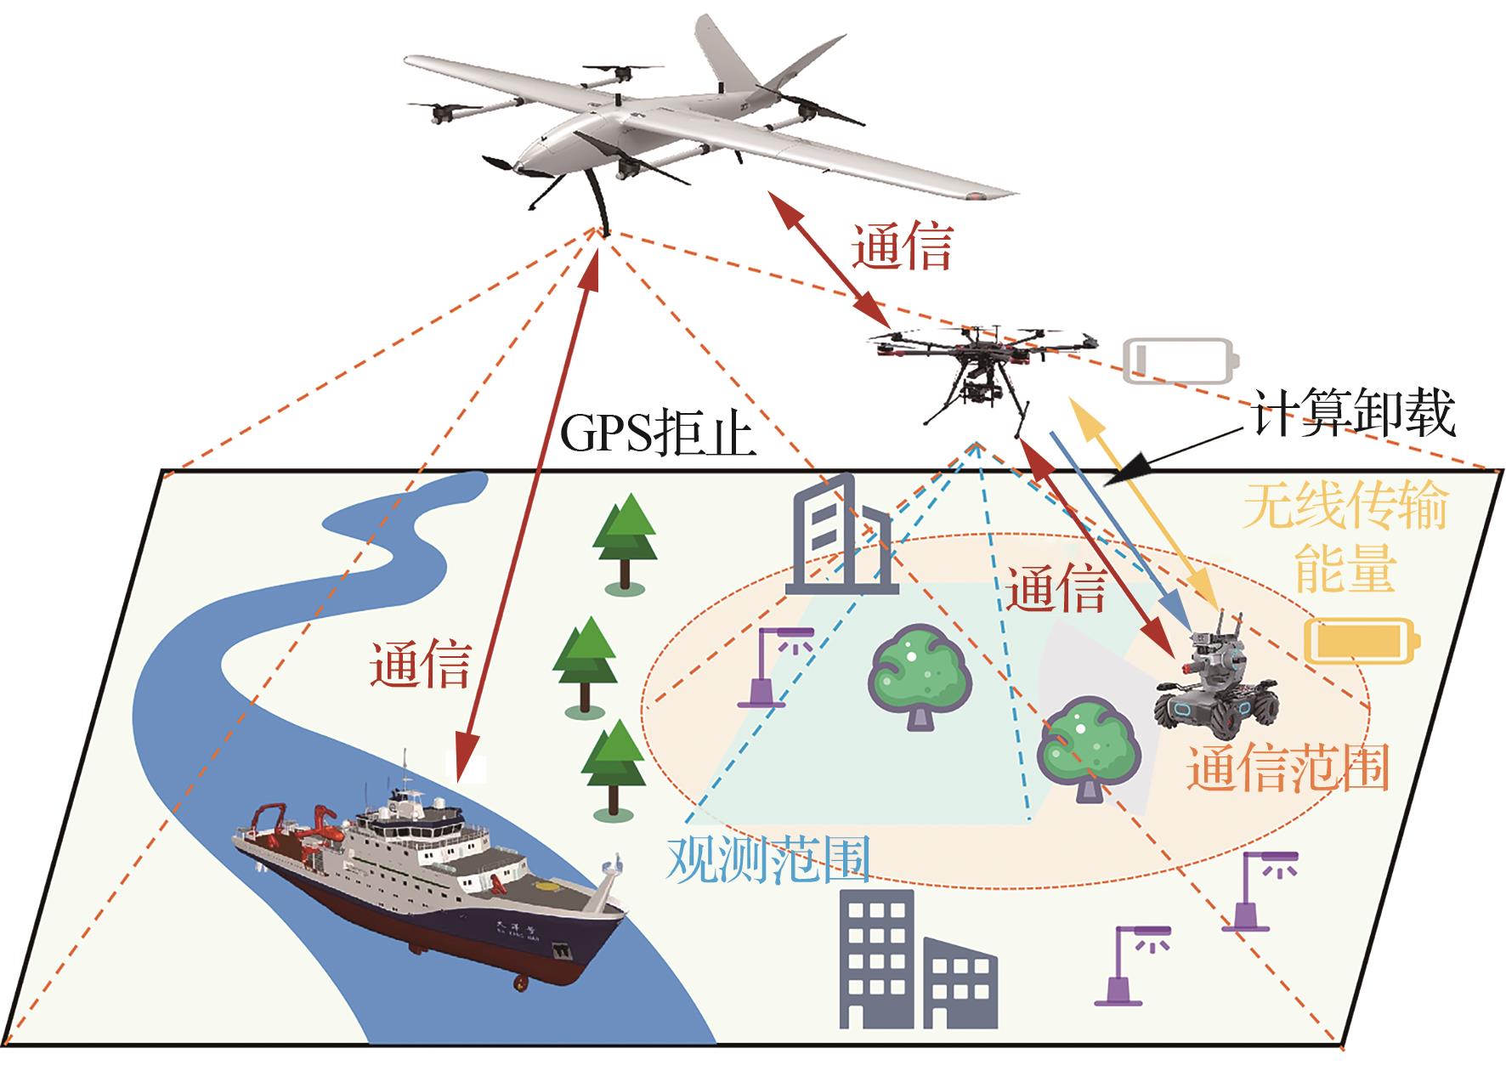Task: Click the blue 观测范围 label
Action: (x=769, y=860)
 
